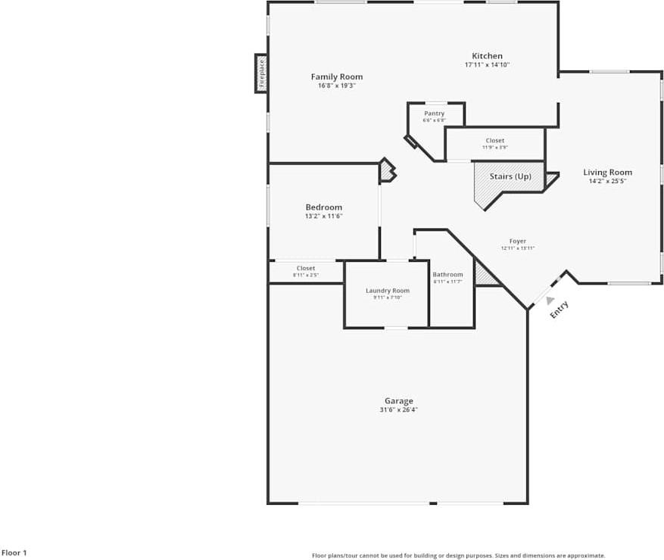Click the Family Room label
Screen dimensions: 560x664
[x=337, y=76]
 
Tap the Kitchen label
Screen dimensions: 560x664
[x=487, y=56]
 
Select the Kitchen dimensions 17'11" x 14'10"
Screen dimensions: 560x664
[x=487, y=65]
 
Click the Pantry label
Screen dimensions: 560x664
[x=434, y=114]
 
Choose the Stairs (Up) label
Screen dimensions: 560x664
[x=510, y=176]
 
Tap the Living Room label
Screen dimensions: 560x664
[x=607, y=173]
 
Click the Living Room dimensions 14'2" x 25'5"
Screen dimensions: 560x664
[x=607, y=181]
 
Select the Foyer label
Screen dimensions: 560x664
[x=518, y=241]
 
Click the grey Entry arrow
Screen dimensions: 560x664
[x=550, y=300]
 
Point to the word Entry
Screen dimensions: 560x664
[x=559, y=310]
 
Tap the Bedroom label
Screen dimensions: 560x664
[x=323, y=207]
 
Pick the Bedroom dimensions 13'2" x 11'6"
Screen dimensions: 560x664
[x=323, y=216]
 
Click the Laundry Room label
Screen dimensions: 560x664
[x=387, y=291]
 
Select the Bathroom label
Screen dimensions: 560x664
[x=447, y=275]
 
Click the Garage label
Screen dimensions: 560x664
[x=398, y=401]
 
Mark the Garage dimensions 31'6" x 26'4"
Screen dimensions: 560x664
[x=398, y=410]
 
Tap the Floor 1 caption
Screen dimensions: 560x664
[x=14, y=553]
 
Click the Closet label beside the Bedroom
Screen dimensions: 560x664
[x=306, y=268]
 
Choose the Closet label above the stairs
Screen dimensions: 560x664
[x=494, y=141]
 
